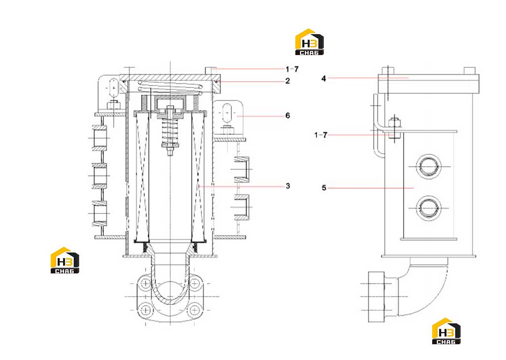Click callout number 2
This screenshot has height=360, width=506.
287,81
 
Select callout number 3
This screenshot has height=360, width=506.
288,186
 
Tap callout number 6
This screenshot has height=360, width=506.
288,116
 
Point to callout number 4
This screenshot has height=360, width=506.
324,78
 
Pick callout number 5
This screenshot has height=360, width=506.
324,187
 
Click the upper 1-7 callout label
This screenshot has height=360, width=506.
292,69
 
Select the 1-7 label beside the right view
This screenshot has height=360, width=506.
321,135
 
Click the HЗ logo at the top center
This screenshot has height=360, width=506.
310,42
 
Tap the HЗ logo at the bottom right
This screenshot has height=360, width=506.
446,331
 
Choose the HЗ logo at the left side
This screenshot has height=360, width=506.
65,261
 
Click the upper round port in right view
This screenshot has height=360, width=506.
429,166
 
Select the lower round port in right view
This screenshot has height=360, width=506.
429,208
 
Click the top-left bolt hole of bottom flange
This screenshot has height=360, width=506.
146,284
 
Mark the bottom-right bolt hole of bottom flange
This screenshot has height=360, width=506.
194,310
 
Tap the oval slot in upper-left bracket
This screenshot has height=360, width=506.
114,88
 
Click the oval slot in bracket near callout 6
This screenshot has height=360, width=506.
227,113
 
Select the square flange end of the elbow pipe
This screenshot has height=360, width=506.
376,297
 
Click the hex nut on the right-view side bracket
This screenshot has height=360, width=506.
395,122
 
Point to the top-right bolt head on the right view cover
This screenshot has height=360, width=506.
470,71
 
